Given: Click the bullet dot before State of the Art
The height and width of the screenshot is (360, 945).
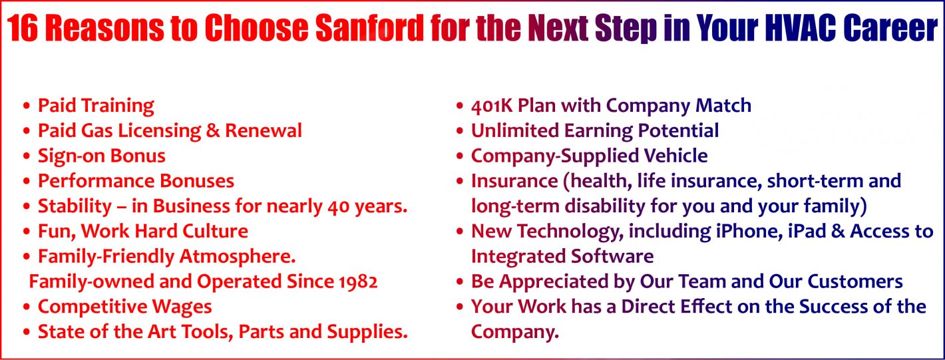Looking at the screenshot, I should pyautogui.click(x=26, y=333).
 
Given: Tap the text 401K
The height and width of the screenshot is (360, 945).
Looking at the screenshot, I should pyautogui.click(x=492, y=106).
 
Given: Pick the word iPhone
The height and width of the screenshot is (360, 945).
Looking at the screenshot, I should pyautogui.click(x=727, y=232).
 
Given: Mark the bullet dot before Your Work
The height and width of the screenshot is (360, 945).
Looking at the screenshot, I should pyautogui.click(x=460, y=307).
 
